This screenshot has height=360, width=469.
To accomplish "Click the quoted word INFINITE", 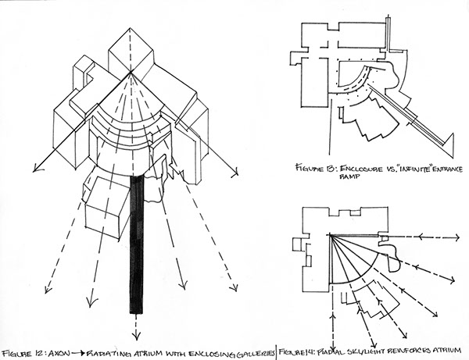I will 401,166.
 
